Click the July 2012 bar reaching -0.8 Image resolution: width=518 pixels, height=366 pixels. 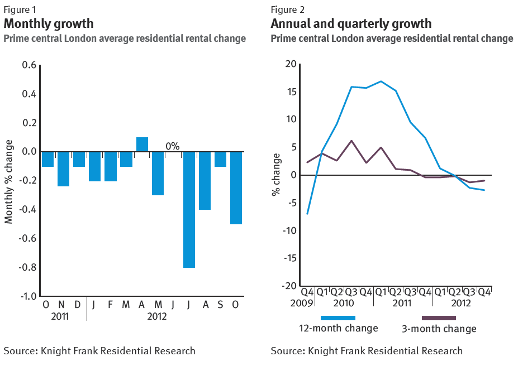189,209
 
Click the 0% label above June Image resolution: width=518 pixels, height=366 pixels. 172,146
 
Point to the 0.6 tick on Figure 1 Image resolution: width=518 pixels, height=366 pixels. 28,65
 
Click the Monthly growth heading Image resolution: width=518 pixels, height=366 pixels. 49,24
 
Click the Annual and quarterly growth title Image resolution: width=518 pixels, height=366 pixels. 351,24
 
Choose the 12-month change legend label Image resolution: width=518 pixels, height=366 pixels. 338,328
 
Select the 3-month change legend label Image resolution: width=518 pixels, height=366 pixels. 439,329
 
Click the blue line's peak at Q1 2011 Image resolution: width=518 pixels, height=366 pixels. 381,81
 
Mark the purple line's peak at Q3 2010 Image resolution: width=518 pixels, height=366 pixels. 351,141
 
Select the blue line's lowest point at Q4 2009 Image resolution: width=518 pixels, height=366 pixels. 307,214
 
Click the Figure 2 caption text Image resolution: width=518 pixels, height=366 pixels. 288,9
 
